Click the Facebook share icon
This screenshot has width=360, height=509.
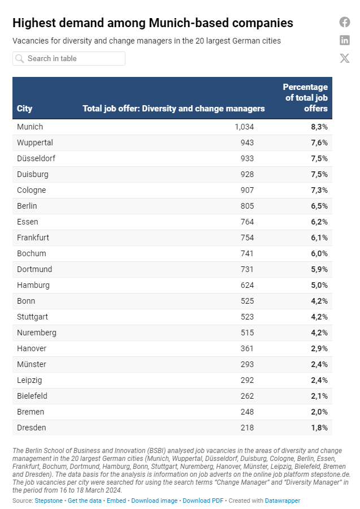click(x=344, y=22)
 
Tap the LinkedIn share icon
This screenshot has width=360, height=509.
click(x=344, y=40)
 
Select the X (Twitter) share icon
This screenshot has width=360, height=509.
click(x=344, y=58)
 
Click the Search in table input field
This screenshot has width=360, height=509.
click(x=69, y=58)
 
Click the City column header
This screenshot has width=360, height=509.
click(x=25, y=109)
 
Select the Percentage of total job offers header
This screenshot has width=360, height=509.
click(x=305, y=97)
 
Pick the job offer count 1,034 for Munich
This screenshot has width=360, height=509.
click(x=244, y=127)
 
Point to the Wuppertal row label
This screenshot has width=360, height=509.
click(x=35, y=143)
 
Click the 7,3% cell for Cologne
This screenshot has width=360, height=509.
click(x=319, y=190)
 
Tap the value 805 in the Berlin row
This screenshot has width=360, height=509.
click(x=247, y=206)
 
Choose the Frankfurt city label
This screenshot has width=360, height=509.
click(x=33, y=238)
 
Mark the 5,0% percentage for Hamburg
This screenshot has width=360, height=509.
click(x=319, y=285)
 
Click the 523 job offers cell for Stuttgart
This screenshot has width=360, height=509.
click(x=247, y=317)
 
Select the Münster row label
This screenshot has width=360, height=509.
click(x=32, y=364)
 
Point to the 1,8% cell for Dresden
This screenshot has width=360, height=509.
click(x=319, y=428)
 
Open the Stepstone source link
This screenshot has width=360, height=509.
click(x=49, y=501)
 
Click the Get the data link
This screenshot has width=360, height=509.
click(x=85, y=501)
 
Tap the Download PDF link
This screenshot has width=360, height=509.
click(x=203, y=501)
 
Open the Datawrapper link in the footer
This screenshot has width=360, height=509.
click(x=283, y=501)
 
